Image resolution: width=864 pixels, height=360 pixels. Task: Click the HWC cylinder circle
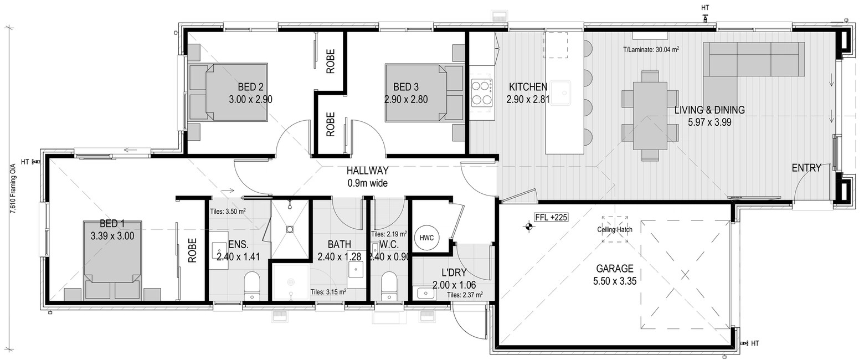pyautogui.click(x=426, y=238)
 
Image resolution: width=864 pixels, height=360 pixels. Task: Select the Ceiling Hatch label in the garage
pyautogui.click(x=615, y=230)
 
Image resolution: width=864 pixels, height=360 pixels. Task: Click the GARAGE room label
pyautogui.click(x=615, y=268)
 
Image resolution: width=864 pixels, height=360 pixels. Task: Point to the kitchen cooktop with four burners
pyautogui.click(x=482, y=92)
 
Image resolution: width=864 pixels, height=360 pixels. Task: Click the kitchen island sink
pyautogui.click(x=560, y=92)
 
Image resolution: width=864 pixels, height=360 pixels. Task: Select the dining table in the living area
pyautogui.click(x=650, y=116)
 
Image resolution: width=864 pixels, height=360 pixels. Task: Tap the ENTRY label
pyautogui.click(x=806, y=168)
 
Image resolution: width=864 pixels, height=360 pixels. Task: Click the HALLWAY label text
pyautogui.click(x=367, y=171)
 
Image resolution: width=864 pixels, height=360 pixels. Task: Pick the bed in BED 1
pyautogui.click(x=112, y=260)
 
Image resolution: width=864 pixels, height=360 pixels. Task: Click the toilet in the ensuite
pyautogui.click(x=252, y=286)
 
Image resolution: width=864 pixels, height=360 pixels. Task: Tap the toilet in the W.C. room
pyautogui.click(x=388, y=286)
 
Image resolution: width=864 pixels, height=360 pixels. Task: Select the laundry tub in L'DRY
pyautogui.click(x=425, y=293)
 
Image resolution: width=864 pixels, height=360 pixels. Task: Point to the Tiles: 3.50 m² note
pyautogui.click(x=228, y=212)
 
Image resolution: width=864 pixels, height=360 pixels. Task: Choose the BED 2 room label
pyautogui.click(x=250, y=87)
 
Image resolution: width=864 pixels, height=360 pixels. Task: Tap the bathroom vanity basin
pyautogui.click(x=356, y=269)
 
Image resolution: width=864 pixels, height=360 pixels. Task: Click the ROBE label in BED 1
pyautogui.click(x=192, y=250)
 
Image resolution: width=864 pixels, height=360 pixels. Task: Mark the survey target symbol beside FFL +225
pyautogui.click(x=528, y=227)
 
